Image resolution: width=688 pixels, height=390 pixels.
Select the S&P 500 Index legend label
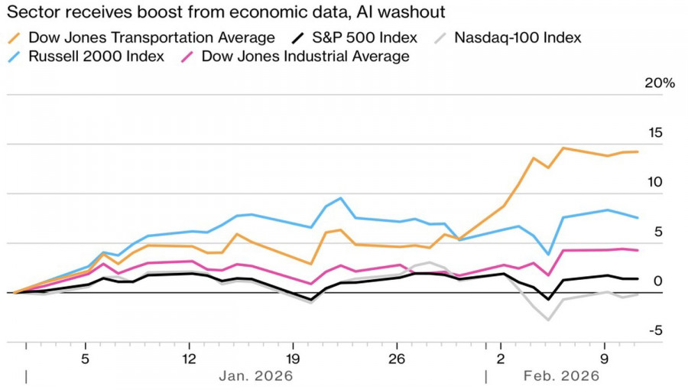(x=368, y=37)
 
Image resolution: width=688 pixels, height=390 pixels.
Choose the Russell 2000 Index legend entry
(x=96, y=57)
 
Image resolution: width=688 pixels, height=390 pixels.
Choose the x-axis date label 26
(x=396, y=358)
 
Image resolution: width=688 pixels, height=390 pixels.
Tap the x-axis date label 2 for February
(x=501, y=358)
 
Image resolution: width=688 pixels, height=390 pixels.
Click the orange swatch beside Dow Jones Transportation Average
(x=15, y=37)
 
